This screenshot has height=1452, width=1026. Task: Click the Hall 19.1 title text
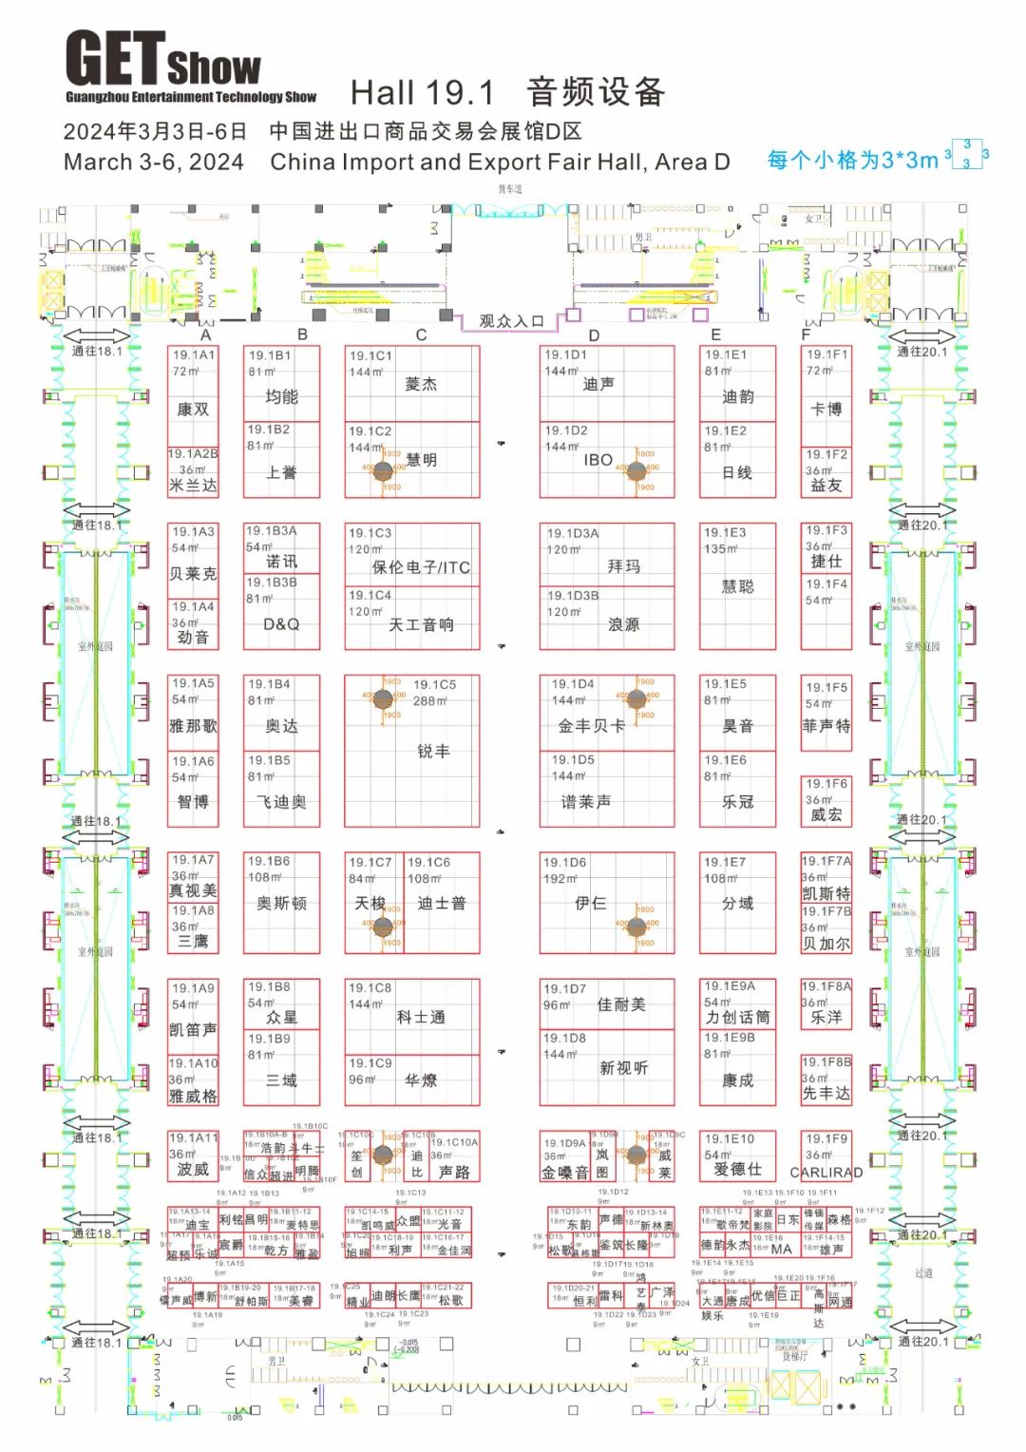click(423, 92)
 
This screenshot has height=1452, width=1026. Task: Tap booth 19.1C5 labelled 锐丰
click(432, 751)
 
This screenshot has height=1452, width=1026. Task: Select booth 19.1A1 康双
click(193, 395)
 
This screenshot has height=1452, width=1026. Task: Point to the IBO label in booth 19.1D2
click(598, 460)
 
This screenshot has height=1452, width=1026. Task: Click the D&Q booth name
click(281, 624)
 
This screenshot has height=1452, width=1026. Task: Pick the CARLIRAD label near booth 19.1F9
click(826, 1173)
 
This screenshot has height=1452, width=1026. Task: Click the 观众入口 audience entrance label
click(511, 321)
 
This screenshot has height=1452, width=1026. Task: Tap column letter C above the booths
click(421, 334)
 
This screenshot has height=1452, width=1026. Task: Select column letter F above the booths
click(806, 334)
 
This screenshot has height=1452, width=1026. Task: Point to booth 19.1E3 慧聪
click(737, 586)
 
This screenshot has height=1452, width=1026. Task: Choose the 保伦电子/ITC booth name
click(421, 567)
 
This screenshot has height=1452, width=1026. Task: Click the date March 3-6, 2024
click(154, 162)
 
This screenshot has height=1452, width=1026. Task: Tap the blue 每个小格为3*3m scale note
click(852, 160)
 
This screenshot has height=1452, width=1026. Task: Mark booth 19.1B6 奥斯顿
click(281, 903)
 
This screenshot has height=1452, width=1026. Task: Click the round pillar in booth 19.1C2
click(383, 470)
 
